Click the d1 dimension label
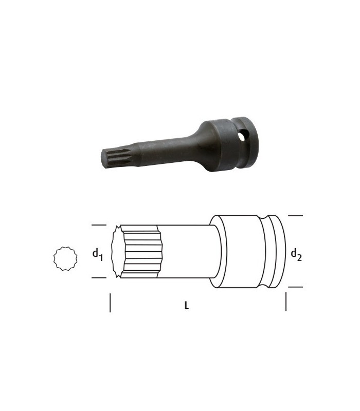(x=97, y=254)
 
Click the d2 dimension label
(x=296, y=254)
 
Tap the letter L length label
(x=187, y=305)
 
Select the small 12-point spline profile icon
(x=65, y=258)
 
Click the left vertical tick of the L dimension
(x=110, y=303)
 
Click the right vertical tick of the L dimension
(x=286, y=302)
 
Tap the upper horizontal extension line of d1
(x=99, y=225)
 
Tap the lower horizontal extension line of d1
(x=99, y=278)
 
